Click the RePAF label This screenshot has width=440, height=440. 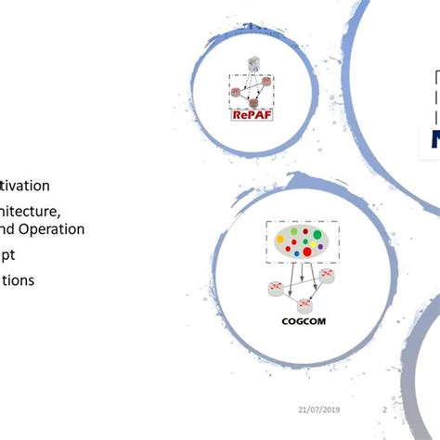click(252, 115)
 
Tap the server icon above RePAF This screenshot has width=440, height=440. click(253, 63)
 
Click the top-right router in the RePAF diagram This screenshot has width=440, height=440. click(265, 81)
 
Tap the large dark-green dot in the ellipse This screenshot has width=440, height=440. click(317, 235)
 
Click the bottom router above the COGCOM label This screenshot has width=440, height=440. click(304, 304)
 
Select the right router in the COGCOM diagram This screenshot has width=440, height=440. click(327, 275)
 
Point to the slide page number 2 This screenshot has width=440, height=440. click(384, 409)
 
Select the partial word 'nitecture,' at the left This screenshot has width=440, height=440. click(32, 211)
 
